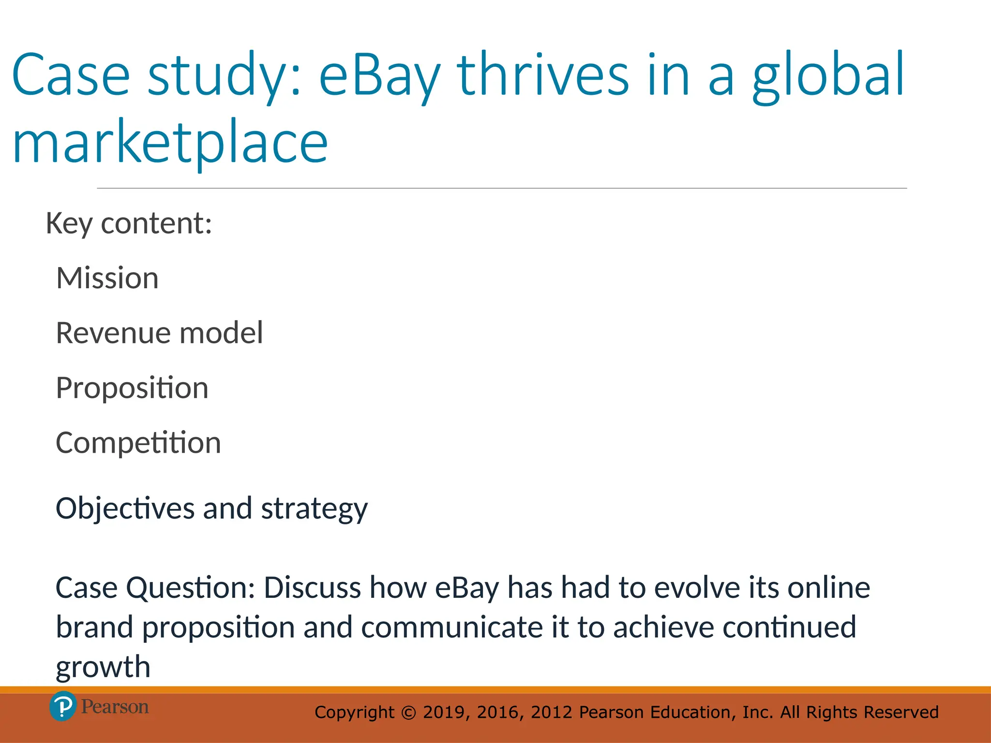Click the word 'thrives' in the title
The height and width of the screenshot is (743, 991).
click(543, 75)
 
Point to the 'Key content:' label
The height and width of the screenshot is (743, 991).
click(129, 223)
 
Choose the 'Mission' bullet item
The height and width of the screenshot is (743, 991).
click(107, 278)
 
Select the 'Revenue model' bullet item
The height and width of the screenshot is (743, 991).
click(160, 333)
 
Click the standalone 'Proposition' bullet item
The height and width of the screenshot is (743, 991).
click(132, 388)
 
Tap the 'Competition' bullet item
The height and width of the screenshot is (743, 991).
click(138, 443)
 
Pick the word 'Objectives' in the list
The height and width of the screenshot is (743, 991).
click(125, 509)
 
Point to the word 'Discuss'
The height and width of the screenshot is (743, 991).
click(313, 588)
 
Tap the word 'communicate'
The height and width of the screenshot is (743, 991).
click(452, 627)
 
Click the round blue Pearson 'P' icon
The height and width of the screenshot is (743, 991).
click(63, 706)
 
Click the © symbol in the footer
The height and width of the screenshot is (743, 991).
click(409, 713)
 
